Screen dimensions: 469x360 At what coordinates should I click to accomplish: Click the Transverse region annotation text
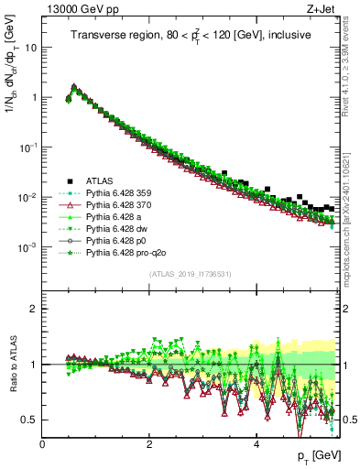192,35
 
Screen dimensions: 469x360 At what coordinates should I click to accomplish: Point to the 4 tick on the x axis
256,443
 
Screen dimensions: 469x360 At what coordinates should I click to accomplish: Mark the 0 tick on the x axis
43,443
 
